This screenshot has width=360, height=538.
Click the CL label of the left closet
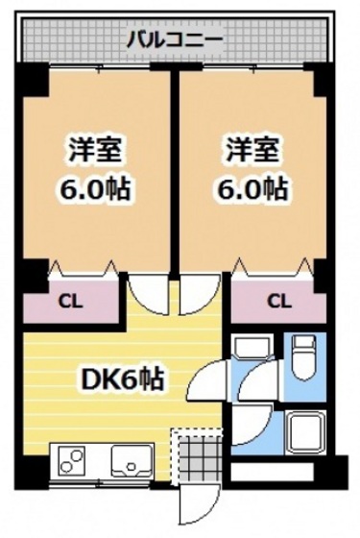pos(70,302)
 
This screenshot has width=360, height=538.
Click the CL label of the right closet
pos(278,302)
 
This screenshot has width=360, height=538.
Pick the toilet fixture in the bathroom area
pos(304,359)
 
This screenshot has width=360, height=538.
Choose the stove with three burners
pos(72,464)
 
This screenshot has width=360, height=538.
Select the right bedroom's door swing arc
pos(199,294)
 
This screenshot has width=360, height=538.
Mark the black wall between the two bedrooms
pos(176,173)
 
